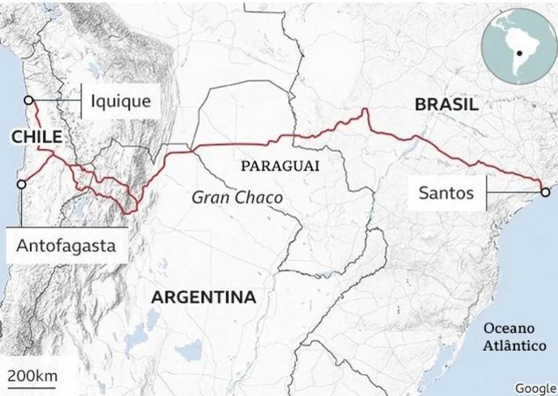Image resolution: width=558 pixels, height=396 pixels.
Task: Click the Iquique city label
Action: pos(121,102)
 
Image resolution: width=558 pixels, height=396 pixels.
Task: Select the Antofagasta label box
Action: pos(66,246)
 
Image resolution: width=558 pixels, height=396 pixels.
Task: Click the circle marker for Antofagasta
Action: pos(22,184)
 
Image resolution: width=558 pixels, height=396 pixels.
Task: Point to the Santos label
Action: pos(446,193)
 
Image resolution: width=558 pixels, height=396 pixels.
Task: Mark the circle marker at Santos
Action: pos(545,192)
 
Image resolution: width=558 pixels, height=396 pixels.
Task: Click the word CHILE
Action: pos(36,137)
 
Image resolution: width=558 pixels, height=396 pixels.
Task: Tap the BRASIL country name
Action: pos(446,104)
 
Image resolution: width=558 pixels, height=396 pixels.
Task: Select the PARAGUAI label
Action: pos(279,166)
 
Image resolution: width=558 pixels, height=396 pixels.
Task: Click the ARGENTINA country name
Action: pos(203,297)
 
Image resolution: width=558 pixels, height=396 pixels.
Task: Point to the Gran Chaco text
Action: pos(237,197)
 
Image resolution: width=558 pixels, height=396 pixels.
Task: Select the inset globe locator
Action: pos(518,47)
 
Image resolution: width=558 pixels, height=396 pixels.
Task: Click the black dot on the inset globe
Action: pos(520,53)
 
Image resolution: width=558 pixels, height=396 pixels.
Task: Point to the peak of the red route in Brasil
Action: pos(365,109)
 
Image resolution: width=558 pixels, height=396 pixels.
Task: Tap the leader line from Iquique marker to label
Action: pos(57,101)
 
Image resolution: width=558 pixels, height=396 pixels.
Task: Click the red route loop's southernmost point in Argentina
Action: pos(130,213)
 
